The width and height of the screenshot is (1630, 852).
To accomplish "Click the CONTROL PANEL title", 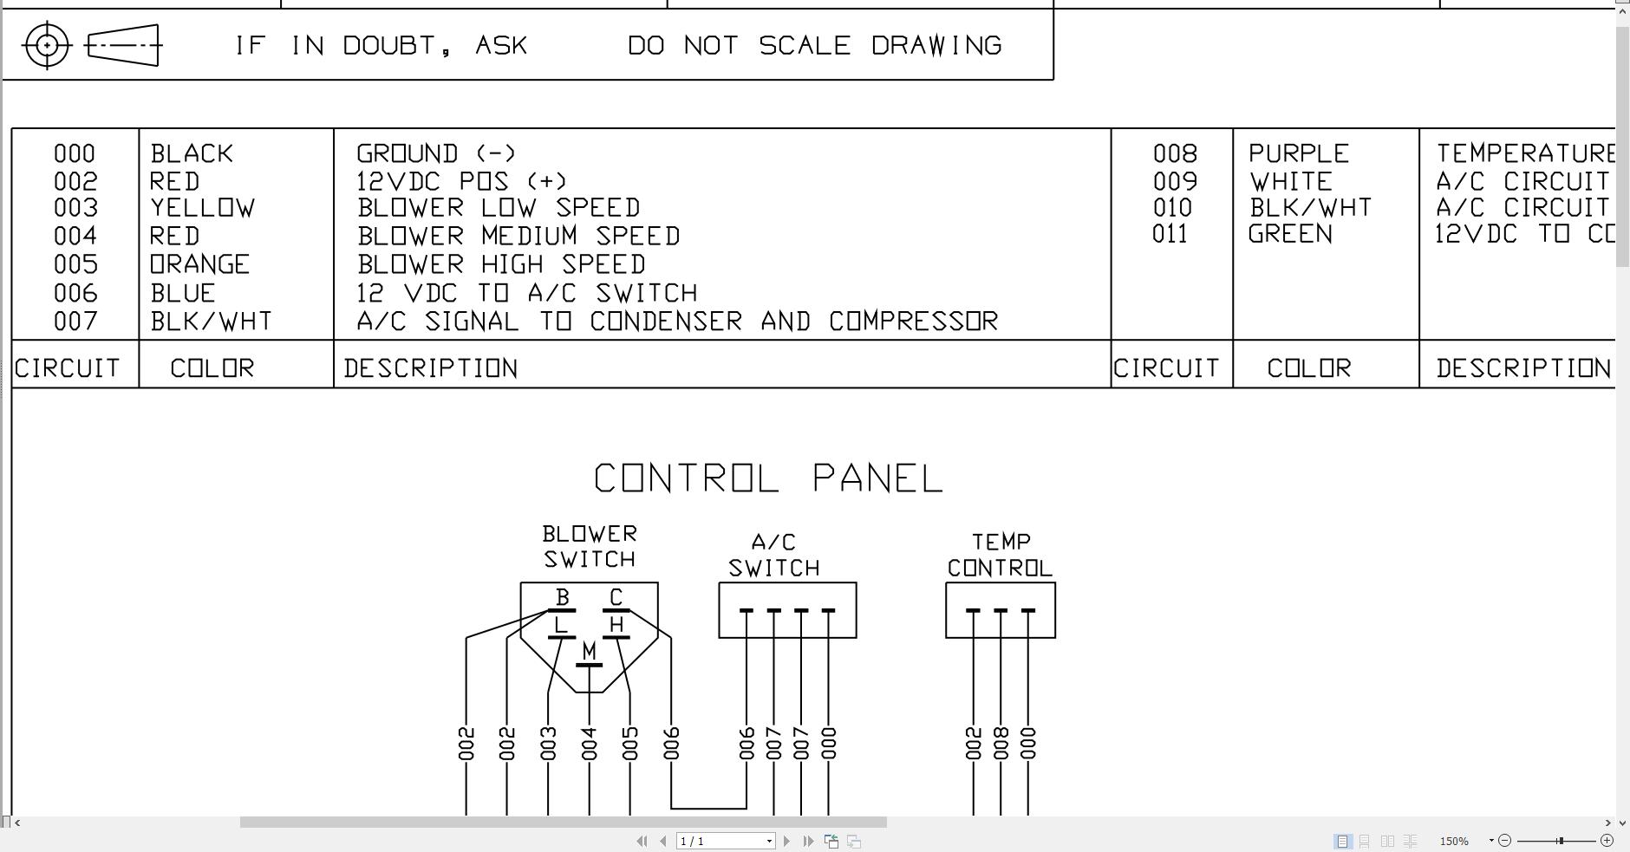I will click(768, 478).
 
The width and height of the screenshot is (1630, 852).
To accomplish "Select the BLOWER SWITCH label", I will click(590, 546).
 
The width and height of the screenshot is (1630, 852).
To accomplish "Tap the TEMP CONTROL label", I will click(1000, 555).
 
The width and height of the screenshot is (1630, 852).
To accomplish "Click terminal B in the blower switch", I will click(562, 598).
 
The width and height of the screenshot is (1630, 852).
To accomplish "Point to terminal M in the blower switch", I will click(590, 651).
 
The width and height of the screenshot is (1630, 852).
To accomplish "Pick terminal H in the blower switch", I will click(616, 625).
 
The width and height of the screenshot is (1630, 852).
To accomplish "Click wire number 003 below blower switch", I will click(548, 744).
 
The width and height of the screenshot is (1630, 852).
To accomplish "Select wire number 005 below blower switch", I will click(630, 744).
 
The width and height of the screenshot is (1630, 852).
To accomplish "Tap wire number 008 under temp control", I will click(1001, 744).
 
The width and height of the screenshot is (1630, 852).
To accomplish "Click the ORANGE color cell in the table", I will click(200, 264).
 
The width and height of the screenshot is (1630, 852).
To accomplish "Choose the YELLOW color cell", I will click(203, 208).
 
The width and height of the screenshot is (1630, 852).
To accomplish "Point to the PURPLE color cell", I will click(1299, 154).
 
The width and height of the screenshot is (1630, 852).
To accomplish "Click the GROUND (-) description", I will click(436, 154).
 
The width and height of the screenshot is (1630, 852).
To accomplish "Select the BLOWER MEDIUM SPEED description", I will click(518, 236).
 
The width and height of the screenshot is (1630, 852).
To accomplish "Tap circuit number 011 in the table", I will click(1170, 234).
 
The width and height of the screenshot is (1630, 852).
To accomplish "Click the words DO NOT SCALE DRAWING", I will click(815, 45).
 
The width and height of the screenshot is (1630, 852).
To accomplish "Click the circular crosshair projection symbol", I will click(47, 45).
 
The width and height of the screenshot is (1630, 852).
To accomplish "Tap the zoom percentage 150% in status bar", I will click(1454, 841).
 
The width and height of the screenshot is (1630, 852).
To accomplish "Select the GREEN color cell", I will click(1290, 234).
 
